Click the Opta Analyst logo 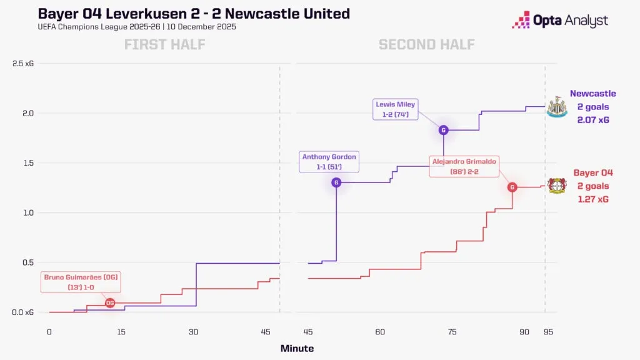pos(559,20)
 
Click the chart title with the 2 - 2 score pos(194,14)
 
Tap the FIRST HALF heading pos(164,44)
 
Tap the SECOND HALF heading pos(426,44)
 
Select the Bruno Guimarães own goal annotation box pos(81,282)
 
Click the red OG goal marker pos(110,302)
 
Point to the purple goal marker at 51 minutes pos(337,182)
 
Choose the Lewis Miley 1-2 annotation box pos(395,109)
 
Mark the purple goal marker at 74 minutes pos(444,130)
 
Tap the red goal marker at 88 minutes pos(512,187)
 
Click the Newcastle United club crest pos(555,107)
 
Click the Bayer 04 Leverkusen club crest pos(556,186)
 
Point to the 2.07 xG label pos(592,119)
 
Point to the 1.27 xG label pos(592,199)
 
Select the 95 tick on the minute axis pos(548,332)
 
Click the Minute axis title pos(297,348)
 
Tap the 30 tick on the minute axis pos(194,332)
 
